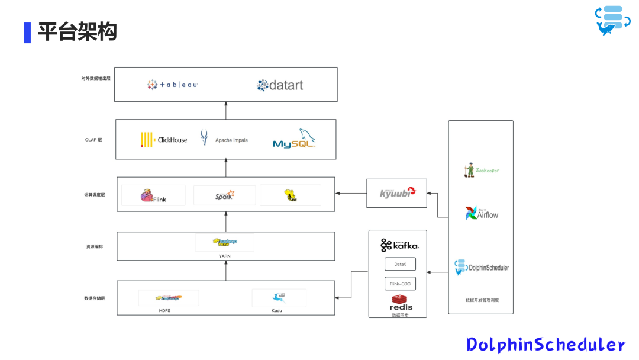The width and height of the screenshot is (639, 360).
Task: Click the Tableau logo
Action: (172, 85)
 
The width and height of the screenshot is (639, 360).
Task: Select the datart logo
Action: (280, 85)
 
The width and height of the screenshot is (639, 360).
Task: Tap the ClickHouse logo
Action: (164, 140)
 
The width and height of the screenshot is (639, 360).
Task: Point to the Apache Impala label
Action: (231, 140)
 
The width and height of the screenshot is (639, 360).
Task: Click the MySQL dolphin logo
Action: (294, 139)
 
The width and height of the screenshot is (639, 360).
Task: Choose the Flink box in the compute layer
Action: (153, 195)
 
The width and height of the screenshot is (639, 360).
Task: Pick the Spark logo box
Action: (224, 195)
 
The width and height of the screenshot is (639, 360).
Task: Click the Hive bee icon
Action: (290, 195)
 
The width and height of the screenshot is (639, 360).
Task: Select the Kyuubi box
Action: (396, 193)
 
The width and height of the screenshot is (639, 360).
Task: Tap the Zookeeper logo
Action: (481, 170)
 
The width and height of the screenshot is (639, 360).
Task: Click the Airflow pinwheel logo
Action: (471, 213)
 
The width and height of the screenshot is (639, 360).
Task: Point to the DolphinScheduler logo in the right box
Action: (481, 267)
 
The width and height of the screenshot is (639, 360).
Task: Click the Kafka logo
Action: (399, 245)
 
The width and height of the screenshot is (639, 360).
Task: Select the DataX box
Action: (400, 264)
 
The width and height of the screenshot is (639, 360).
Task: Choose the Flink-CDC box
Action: (400, 284)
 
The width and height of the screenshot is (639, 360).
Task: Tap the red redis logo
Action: (401, 303)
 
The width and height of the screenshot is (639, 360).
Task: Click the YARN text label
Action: (224, 256)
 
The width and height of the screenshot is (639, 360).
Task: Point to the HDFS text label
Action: (164, 310)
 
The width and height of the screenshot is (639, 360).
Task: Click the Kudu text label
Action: (277, 310)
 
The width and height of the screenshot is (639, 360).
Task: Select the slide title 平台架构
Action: (77, 32)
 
